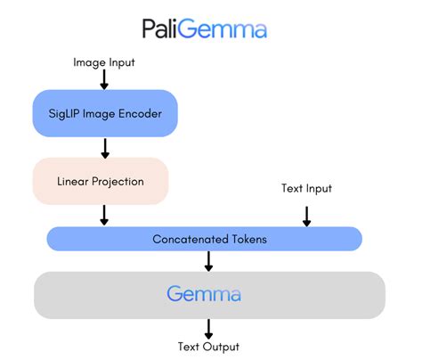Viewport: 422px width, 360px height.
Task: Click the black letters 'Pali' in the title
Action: (x=164, y=29)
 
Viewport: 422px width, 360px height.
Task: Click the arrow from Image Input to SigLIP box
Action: (x=104, y=79)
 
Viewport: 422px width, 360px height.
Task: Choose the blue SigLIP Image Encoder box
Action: (x=105, y=113)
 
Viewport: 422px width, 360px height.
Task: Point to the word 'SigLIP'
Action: (x=69, y=113)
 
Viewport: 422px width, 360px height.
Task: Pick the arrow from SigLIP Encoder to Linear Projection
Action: (x=104, y=147)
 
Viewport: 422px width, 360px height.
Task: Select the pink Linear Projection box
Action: (x=100, y=181)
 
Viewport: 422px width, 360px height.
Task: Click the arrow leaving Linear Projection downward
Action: (x=104, y=215)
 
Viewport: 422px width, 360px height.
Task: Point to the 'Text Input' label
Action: (x=306, y=189)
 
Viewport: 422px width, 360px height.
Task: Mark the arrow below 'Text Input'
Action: (x=306, y=215)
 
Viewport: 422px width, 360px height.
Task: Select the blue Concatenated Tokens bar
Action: (x=204, y=239)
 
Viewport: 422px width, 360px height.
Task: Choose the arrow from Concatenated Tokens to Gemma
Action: (x=208, y=260)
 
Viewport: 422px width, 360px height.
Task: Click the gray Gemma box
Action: (x=209, y=294)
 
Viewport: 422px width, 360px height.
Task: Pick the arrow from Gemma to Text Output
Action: (x=208, y=327)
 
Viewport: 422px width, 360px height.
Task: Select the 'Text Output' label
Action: (x=208, y=347)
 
